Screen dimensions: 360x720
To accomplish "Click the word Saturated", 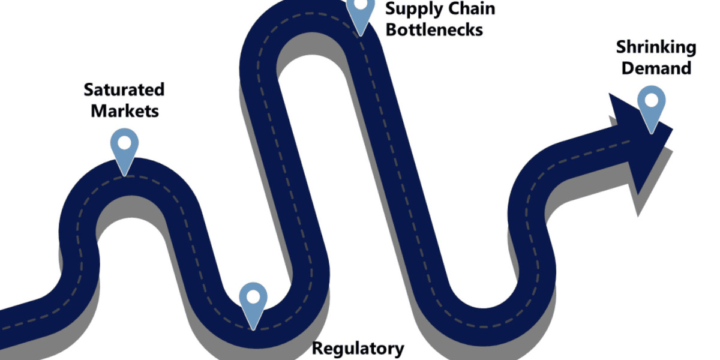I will (124, 90).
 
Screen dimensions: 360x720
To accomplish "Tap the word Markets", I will (125, 111).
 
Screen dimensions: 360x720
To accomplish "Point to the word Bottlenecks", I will (434, 29).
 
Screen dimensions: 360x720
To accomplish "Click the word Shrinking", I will (647, 47).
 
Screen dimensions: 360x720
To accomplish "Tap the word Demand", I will (656, 68).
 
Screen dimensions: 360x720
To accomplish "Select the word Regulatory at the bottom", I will (359, 348).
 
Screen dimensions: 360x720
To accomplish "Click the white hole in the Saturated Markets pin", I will (124, 143).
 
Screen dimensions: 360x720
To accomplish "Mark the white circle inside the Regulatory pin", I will (253, 296).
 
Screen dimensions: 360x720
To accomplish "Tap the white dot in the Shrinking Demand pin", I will (651, 100).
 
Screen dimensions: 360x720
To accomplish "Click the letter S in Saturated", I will (89, 90).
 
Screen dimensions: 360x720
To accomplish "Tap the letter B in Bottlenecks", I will (391, 29).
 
